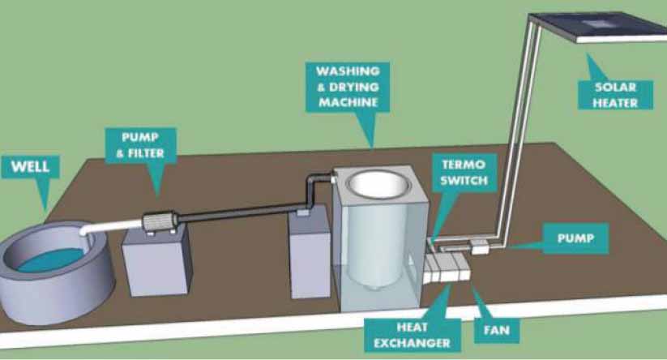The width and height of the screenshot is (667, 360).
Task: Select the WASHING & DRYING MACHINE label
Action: pos(349,88)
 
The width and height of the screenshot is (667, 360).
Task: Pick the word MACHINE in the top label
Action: pos(349,103)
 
